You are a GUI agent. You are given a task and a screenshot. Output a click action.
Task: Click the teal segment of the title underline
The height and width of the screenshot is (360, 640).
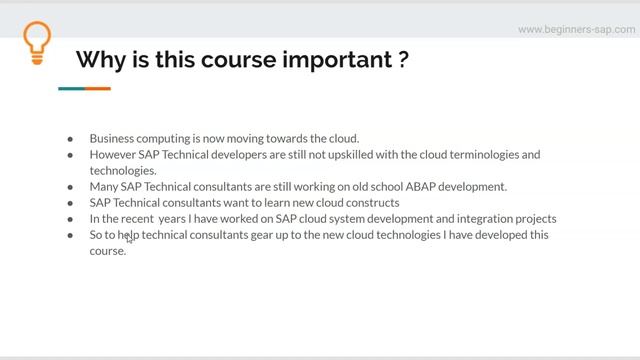71,88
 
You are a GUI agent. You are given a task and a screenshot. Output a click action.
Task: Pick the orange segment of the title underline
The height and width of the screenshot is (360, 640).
97,88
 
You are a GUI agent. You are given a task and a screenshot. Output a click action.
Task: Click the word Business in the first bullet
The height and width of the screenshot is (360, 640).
112,138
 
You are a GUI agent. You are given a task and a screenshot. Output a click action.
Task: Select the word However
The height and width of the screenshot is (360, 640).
113,155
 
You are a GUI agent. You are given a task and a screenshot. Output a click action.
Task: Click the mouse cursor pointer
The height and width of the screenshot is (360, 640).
129,238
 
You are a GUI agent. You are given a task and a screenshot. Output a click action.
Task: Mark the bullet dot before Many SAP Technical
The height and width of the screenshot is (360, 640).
70,187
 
